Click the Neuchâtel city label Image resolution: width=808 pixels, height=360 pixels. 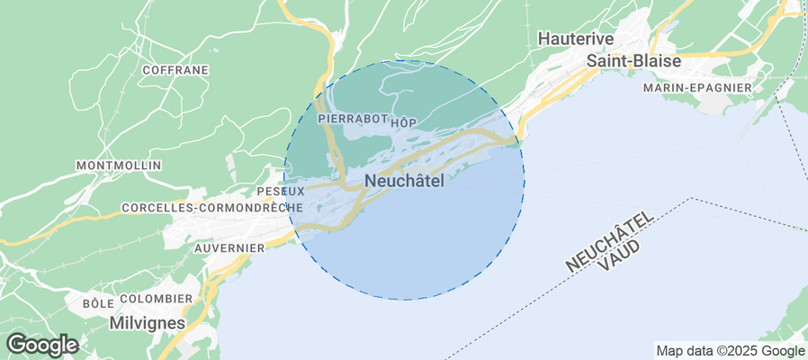[x=404, y=181]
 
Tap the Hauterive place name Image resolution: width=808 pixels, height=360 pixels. [x=575, y=39]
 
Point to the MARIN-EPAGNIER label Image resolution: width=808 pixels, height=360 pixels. [x=697, y=87]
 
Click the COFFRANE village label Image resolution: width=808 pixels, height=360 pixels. [x=175, y=69]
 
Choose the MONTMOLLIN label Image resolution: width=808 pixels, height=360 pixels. [x=119, y=166]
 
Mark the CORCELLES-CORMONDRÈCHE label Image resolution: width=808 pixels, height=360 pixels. [x=211, y=207]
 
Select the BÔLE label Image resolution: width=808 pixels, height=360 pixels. [x=97, y=303]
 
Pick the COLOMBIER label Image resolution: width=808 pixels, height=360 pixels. [x=156, y=299]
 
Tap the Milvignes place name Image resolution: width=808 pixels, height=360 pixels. [x=147, y=321]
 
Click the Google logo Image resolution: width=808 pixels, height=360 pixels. [x=41, y=344]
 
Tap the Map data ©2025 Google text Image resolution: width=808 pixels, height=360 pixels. [x=730, y=351]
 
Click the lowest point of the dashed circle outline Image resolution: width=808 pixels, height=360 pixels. [x=405, y=300]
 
